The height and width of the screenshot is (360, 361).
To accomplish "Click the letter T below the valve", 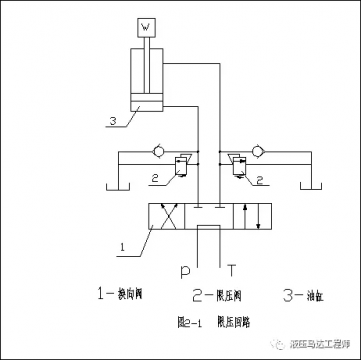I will pos(233,270).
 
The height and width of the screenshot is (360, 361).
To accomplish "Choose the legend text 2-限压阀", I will pos(212,295).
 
